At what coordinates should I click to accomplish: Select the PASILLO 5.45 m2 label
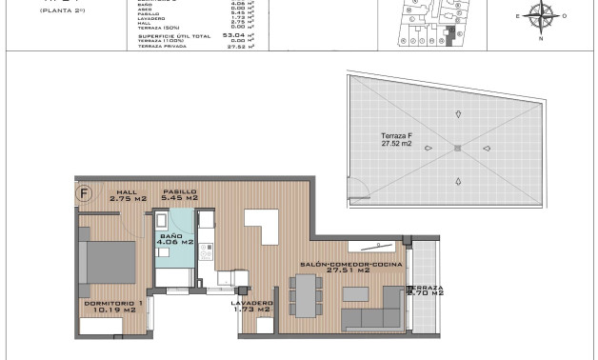click(x=179, y=195)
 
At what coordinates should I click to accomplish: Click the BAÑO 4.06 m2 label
click(x=176, y=238)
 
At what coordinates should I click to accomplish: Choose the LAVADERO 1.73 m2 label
click(x=251, y=307)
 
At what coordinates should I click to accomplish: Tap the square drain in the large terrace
click(x=457, y=149)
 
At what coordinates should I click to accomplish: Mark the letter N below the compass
click(x=540, y=39)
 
